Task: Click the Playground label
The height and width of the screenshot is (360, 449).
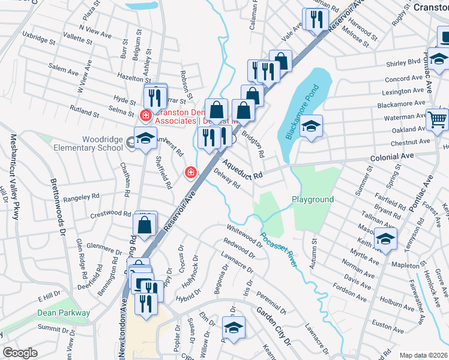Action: pyautogui.click(x=312, y=199)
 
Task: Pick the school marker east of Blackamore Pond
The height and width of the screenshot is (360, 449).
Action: pyautogui.click(x=311, y=127)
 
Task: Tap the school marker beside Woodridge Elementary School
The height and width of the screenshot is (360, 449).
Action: pyautogui.click(x=145, y=139)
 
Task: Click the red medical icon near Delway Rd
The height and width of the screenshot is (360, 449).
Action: pyautogui.click(x=191, y=173)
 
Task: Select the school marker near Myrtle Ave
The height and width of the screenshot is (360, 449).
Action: pyautogui.click(x=385, y=239)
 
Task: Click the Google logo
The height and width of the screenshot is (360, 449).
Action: pyautogui.click(x=20, y=353)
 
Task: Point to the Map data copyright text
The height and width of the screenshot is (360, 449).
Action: pyautogui.click(x=424, y=355)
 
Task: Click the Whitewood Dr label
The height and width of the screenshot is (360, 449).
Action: pyautogui.click(x=244, y=236)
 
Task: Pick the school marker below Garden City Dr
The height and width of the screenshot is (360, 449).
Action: pyautogui.click(x=234, y=328)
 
